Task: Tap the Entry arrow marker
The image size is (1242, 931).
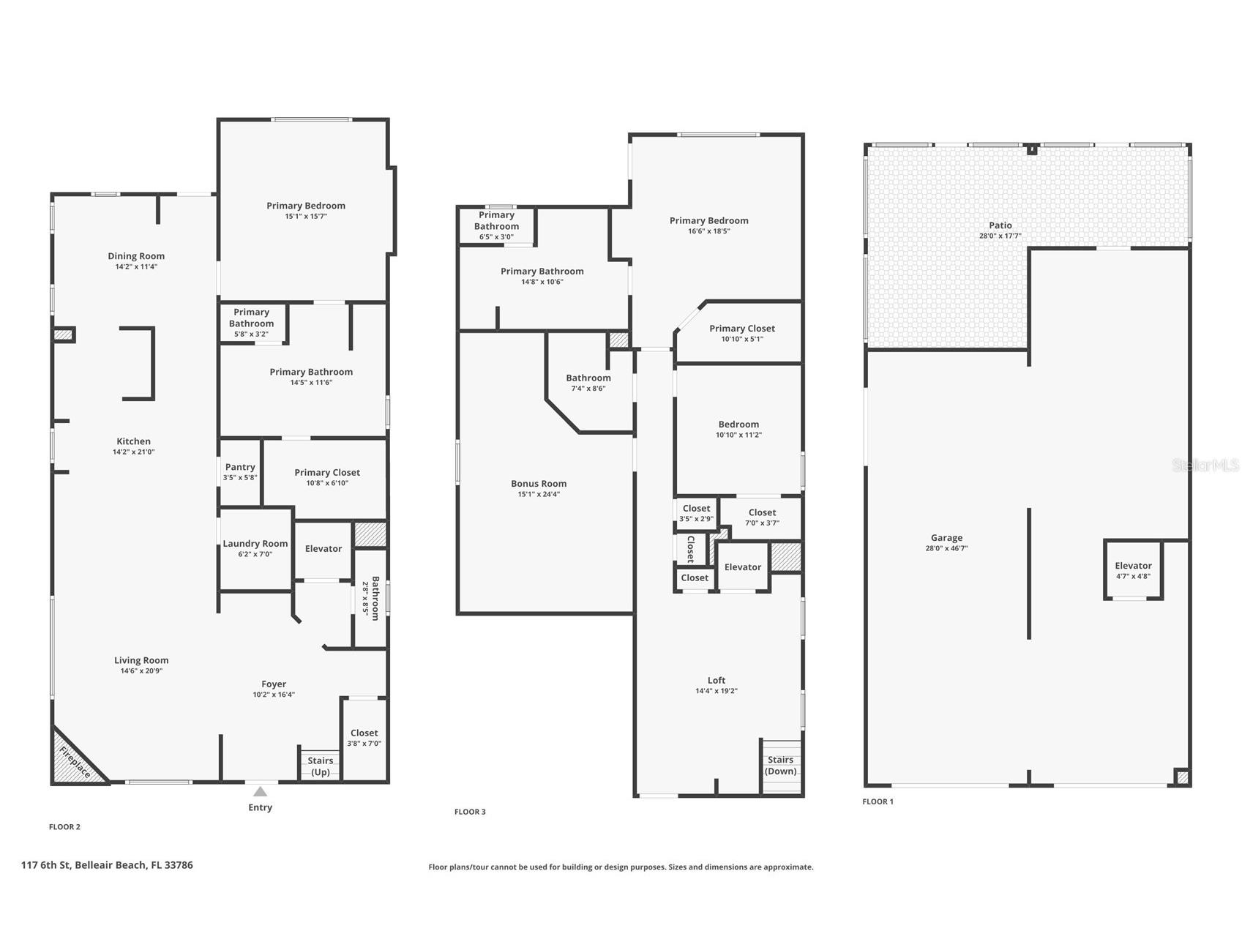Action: pyautogui.click(x=260, y=791)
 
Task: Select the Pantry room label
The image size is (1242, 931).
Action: pyautogui.click(x=240, y=467)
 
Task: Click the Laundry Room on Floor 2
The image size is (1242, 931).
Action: pyautogui.click(x=255, y=547)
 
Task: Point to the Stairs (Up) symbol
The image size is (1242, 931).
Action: pyautogui.click(x=320, y=765)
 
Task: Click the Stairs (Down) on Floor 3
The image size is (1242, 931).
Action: pyautogui.click(x=781, y=766)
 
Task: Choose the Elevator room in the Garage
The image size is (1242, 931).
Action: pyautogui.click(x=1133, y=570)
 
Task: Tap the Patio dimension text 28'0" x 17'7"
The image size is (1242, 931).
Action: pyautogui.click(x=1000, y=236)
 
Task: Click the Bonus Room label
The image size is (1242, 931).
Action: pyautogui.click(x=539, y=484)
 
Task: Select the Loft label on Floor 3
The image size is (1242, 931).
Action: pyautogui.click(x=717, y=681)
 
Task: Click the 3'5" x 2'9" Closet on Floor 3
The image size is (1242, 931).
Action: pyautogui.click(x=696, y=513)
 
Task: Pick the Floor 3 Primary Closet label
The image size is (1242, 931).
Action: pyautogui.click(x=742, y=329)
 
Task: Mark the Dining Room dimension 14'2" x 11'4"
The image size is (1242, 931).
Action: pyautogui.click(x=136, y=267)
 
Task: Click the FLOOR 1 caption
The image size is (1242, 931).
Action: pyautogui.click(x=878, y=801)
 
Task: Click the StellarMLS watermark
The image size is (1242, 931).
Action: pyautogui.click(x=1205, y=465)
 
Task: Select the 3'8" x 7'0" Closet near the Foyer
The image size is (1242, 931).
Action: pyautogui.click(x=364, y=738)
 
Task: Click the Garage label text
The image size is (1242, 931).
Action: pyautogui.click(x=946, y=538)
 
